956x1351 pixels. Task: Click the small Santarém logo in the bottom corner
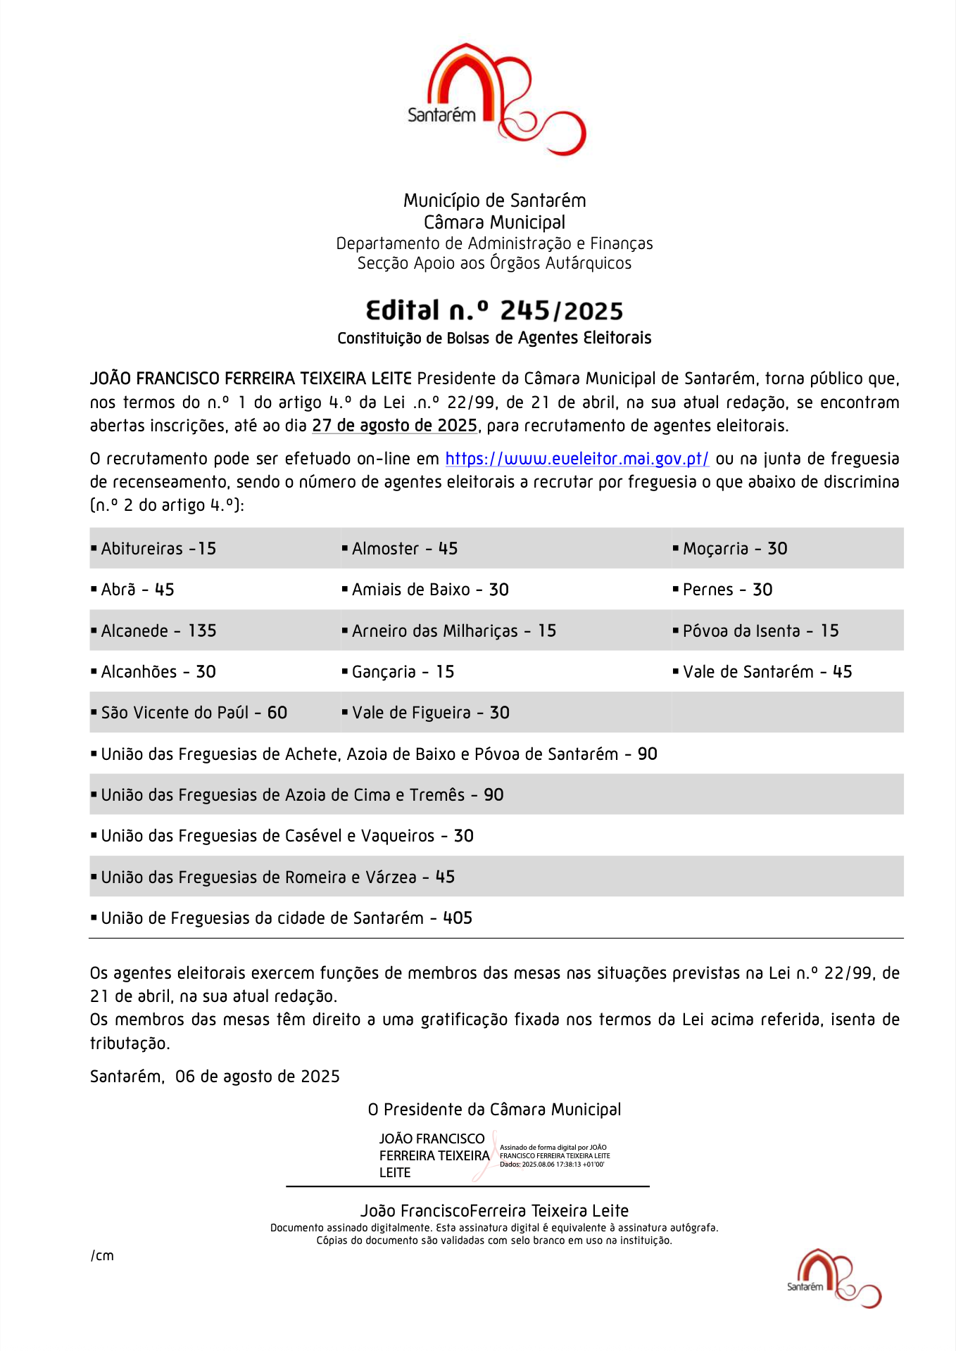point(834,1279)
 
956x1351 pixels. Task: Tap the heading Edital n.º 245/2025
point(494,310)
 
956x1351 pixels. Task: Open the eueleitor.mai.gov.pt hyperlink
point(577,459)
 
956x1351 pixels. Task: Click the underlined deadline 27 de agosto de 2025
point(394,426)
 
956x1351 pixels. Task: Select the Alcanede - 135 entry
point(158,630)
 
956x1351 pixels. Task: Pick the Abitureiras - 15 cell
point(158,548)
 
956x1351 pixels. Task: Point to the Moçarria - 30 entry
point(734,548)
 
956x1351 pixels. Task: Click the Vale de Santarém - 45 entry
point(767,671)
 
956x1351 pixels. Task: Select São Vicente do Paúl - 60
point(194,712)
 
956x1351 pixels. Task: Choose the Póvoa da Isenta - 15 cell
point(760,630)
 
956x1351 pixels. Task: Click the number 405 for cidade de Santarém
point(458,918)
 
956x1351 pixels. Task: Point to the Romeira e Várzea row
point(278,877)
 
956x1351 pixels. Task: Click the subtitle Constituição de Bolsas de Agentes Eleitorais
point(494,338)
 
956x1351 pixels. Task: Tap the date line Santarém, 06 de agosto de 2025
point(215,1076)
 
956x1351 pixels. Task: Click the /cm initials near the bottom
point(102,1255)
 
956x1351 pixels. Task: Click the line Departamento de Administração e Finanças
point(494,243)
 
